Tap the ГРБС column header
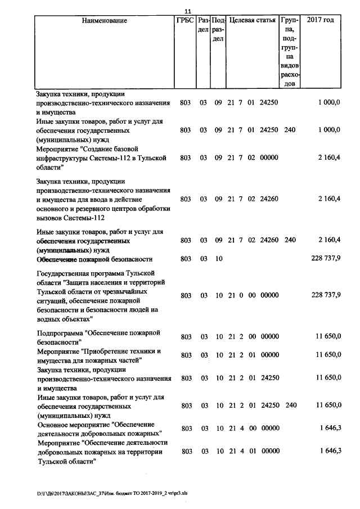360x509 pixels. [x=185, y=21]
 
